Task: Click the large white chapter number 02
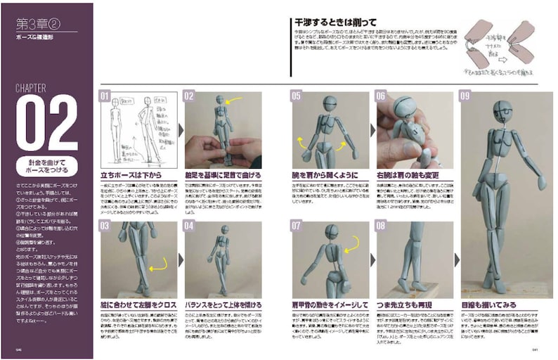[x=47, y=122]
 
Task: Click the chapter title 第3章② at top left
[x=39, y=25]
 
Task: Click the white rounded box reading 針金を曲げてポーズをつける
[x=47, y=166]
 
